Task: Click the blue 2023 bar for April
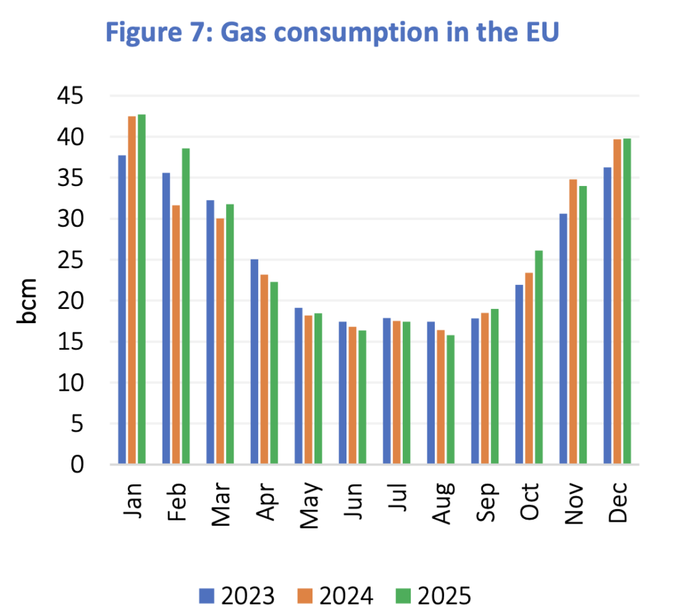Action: point(255,362)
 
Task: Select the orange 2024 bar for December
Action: point(618,302)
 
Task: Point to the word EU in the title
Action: point(538,32)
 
